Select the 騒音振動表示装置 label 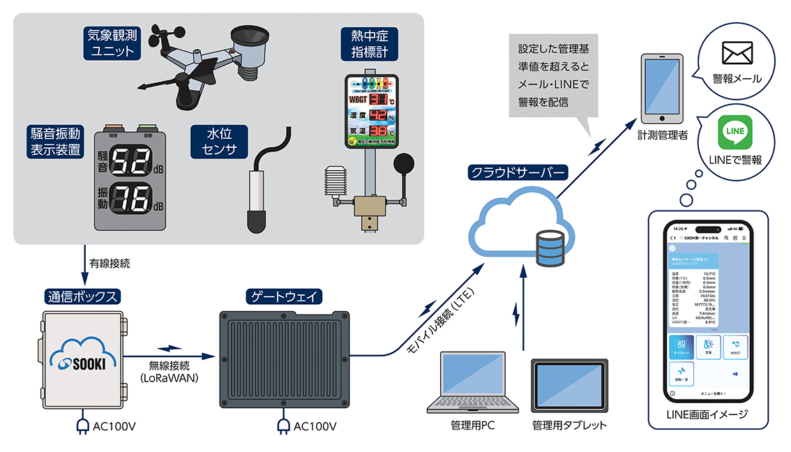56,141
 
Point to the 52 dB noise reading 128,163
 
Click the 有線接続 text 110,264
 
